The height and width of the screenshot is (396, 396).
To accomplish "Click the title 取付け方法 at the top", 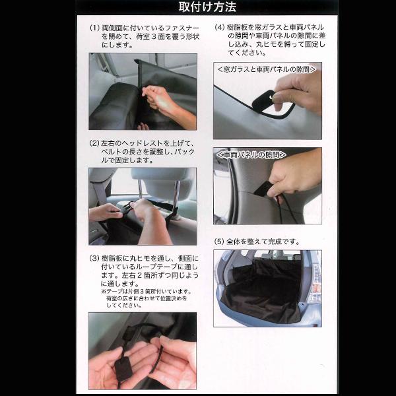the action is (x=207, y=7).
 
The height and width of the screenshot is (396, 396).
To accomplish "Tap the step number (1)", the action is (x=94, y=28).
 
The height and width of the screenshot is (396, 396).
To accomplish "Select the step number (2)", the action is (x=94, y=143).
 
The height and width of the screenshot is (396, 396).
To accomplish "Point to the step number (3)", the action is (x=94, y=258).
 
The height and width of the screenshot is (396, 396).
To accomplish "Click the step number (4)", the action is (x=220, y=27).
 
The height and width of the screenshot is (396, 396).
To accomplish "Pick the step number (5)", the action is (x=219, y=242).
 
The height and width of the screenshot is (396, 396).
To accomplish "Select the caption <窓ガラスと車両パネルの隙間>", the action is (x=267, y=69).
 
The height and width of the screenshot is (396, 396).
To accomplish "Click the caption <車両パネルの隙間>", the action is (x=251, y=154).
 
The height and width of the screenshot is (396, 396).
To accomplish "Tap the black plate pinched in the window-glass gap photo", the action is (x=263, y=100).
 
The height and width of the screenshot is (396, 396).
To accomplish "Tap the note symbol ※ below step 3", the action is (x=104, y=292).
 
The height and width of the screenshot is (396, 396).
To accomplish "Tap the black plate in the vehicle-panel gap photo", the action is (x=263, y=189).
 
